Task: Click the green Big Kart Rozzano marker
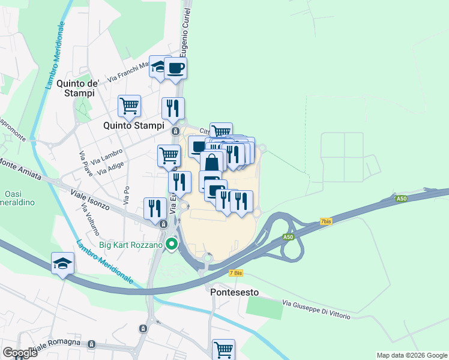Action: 172,244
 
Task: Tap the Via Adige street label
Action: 110,167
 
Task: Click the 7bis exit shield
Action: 326,221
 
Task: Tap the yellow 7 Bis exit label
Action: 236,272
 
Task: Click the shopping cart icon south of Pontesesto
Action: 223,348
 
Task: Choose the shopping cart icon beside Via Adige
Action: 169,155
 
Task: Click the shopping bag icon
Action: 212,162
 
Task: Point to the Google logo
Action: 19,352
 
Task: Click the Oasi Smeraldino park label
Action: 18,198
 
